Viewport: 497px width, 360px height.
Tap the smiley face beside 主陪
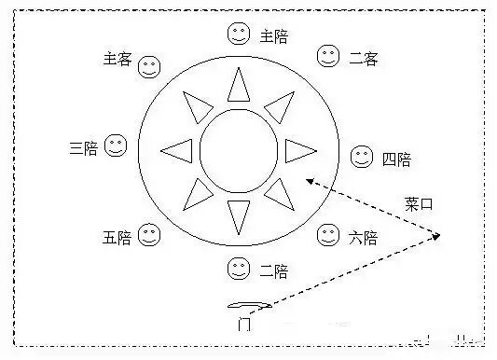239,35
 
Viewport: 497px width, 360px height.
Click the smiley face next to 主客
149,67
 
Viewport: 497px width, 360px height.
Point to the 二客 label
363,58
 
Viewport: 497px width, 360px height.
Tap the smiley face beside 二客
328,56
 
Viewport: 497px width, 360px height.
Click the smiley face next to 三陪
116,146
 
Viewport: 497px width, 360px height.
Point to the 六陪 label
362,238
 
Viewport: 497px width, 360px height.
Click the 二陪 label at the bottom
273,271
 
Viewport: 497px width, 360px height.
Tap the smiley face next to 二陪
239,270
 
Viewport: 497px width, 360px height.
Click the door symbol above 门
248,305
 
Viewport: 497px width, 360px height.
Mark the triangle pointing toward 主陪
239,88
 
